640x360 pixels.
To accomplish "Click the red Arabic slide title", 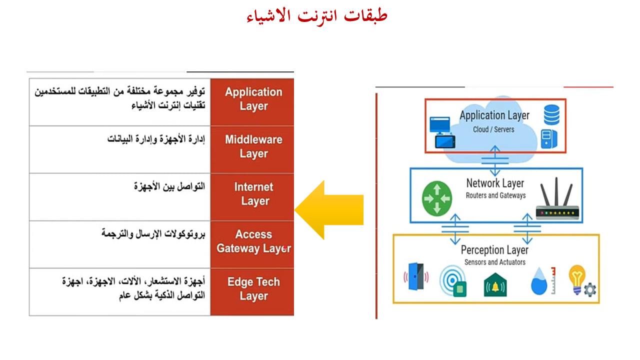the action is (x=317, y=16).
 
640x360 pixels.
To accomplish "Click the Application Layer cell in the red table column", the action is (x=252, y=102).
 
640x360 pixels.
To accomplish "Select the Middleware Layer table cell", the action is (x=252, y=149).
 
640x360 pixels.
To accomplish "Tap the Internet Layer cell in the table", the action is (x=252, y=197).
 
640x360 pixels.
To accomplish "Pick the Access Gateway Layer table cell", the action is (x=252, y=244).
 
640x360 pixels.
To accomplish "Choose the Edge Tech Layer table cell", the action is (x=252, y=291).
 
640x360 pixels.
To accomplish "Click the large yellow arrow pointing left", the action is (x=329, y=210).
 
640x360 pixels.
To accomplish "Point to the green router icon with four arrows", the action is (x=437, y=198).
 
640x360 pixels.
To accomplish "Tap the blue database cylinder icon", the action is (x=551, y=114).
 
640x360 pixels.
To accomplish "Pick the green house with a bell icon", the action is (x=495, y=285).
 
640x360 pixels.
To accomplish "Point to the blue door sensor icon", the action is (x=416, y=276).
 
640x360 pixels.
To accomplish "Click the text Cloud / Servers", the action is (x=493, y=129).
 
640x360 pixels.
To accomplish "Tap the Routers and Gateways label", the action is (x=495, y=195).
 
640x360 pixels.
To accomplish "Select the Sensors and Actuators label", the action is (x=495, y=262).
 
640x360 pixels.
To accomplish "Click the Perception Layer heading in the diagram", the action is (x=494, y=250).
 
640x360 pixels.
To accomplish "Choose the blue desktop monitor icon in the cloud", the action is (x=440, y=125).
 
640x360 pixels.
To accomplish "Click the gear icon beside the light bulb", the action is (x=589, y=289).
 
